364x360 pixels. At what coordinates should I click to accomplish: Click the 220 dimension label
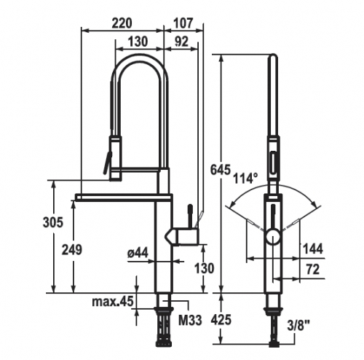(122, 23)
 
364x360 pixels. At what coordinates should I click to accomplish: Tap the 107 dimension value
(183, 23)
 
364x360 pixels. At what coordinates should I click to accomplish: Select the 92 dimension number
(181, 42)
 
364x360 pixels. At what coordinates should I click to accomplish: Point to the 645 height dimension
(220, 170)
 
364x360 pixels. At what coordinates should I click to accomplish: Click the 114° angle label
(245, 179)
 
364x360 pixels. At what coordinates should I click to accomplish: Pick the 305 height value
(53, 222)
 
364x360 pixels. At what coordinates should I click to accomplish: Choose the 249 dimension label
(72, 249)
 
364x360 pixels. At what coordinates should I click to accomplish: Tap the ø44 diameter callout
(138, 254)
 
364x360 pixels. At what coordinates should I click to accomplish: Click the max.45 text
(113, 302)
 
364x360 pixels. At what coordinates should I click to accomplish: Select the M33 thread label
(190, 321)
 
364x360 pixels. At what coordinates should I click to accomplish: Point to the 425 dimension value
(221, 320)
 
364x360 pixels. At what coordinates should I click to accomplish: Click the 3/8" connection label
(298, 326)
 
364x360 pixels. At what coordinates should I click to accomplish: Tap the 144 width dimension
(313, 249)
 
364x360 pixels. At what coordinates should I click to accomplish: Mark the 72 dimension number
(312, 270)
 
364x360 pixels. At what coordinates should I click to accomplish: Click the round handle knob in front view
(274, 236)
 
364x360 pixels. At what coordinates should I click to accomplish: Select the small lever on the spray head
(106, 162)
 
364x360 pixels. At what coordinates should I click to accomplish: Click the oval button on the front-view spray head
(273, 162)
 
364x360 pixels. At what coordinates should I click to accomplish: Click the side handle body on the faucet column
(186, 237)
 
